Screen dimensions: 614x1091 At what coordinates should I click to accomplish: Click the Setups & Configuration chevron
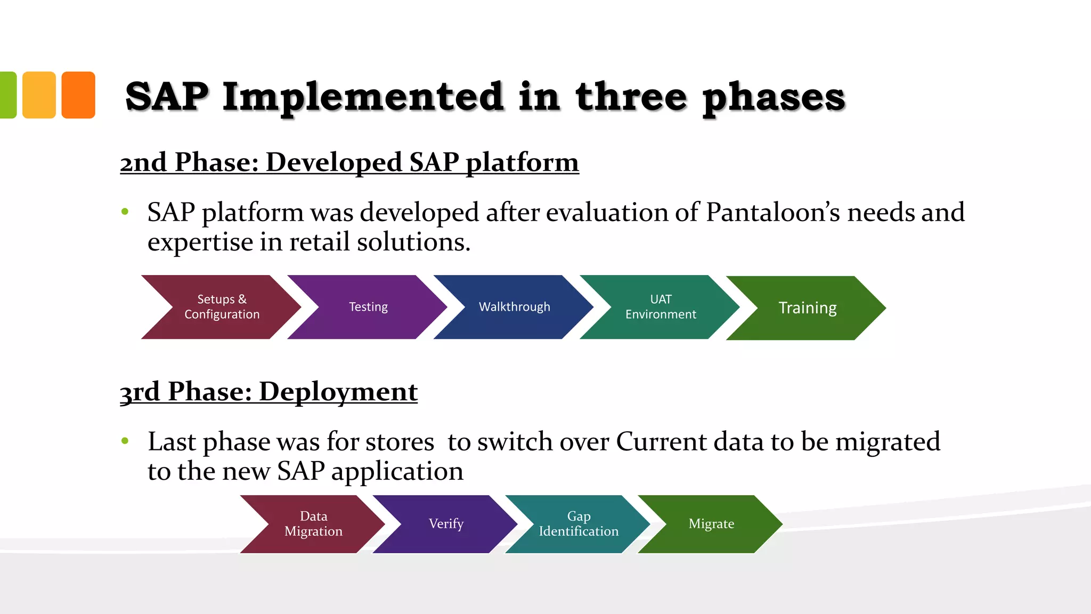[x=222, y=307]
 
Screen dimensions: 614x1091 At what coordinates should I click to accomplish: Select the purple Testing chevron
[x=368, y=307]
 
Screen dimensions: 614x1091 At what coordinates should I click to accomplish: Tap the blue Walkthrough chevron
[x=514, y=307]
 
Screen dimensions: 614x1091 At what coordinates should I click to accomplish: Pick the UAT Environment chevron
[x=661, y=307]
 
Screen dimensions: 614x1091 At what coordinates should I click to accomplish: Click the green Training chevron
[x=807, y=308]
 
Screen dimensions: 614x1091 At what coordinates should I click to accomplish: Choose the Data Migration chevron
[x=313, y=524]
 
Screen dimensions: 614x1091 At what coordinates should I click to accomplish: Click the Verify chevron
[x=446, y=524]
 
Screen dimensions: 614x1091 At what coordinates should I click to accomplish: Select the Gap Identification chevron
[x=579, y=524]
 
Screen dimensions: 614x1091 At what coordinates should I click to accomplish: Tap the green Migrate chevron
[x=711, y=524]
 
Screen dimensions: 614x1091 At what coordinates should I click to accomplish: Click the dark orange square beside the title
[x=78, y=95]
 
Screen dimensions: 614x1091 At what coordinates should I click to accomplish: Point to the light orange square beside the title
[x=39, y=95]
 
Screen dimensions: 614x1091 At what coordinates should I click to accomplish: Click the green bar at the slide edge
[x=7, y=95]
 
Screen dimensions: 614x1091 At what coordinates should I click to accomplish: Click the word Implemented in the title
[x=363, y=97]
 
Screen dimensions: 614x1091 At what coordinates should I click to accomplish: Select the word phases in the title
[x=774, y=98]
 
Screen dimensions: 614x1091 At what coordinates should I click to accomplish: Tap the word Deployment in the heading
[x=338, y=392]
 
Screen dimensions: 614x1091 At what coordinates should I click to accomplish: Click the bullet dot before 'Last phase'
[x=125, y=441]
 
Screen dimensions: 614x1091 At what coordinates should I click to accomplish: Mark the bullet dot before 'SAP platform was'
[x=125, y=212]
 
